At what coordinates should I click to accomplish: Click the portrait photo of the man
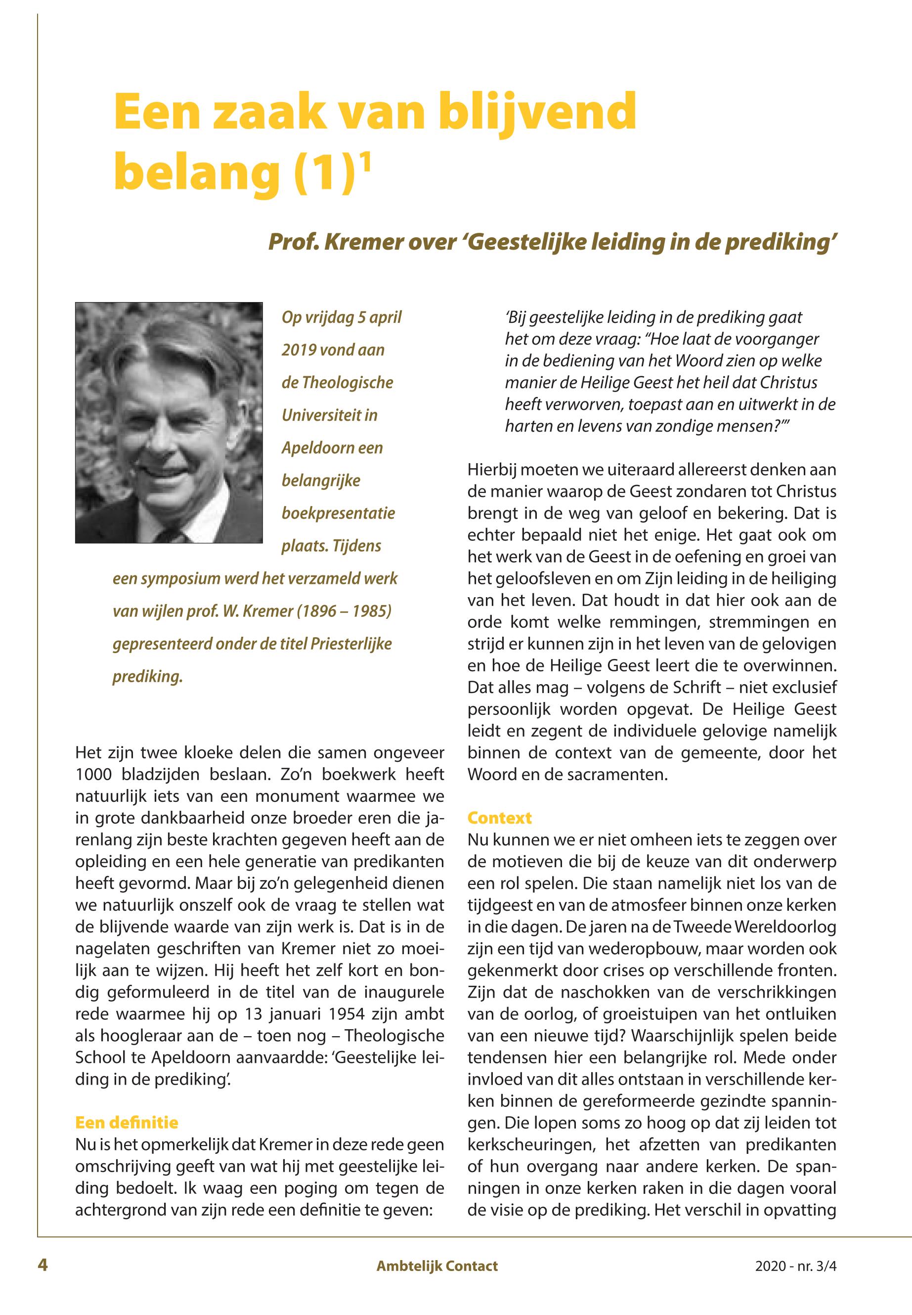tap(169, 422)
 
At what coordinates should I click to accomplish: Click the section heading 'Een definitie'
tap(126, 1122)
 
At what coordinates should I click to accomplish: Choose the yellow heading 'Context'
tap(499, 818)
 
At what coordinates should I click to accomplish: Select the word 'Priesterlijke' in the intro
tap(351, 644)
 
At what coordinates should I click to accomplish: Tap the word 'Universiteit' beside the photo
tap(329, 415)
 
